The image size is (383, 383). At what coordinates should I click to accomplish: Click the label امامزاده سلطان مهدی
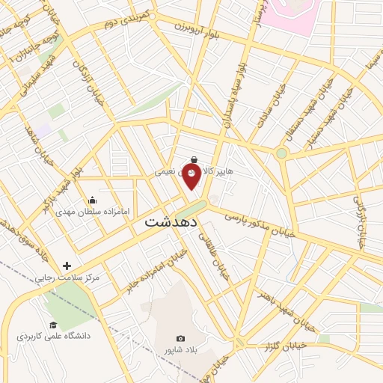(x=93, y=212)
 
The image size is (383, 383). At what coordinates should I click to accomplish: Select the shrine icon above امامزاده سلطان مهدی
(x=92, y=200)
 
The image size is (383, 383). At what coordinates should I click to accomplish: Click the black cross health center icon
(x=67, y=266)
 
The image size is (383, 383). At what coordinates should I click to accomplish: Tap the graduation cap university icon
(x=53, y=325)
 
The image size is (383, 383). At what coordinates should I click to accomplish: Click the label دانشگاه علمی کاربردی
(x=53, y=337)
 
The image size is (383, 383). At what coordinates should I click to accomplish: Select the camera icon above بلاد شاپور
(x=180, y=338)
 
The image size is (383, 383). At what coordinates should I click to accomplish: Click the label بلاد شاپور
(x=180, y=349)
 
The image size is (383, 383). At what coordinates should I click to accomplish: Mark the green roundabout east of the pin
(x=281, y=153)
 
